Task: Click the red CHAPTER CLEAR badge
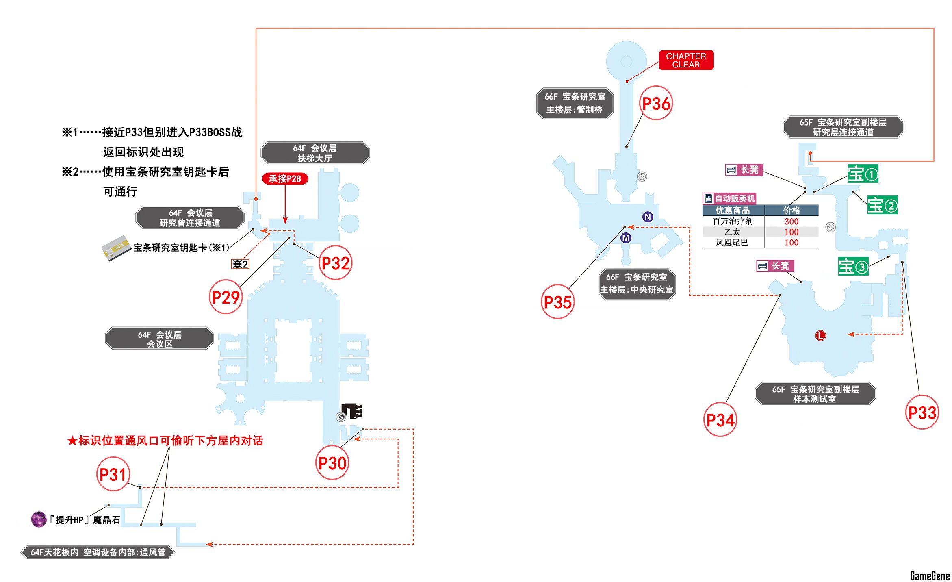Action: [686, 60]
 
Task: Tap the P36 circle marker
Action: [656, 103]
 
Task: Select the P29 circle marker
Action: [226, 297]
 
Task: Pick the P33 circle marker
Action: [922, 413]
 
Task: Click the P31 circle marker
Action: [113, 474]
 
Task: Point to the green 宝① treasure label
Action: [863, 174]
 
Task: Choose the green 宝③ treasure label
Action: [853, 266]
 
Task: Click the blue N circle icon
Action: [648, 217]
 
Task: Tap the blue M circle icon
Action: [626, 238]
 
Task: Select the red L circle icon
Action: [820, 335]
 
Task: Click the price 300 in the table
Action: [791, 222]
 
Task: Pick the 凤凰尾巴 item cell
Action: [732, 243]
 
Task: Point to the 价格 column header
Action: [791, 211]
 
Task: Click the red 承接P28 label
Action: [285, 178]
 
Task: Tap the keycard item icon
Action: [116, 248]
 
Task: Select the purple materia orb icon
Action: [39, 519]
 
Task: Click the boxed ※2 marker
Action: [240, 264]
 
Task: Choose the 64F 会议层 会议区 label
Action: [159, 339]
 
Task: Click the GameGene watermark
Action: [929, 575]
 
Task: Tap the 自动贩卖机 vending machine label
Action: [730, 198]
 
